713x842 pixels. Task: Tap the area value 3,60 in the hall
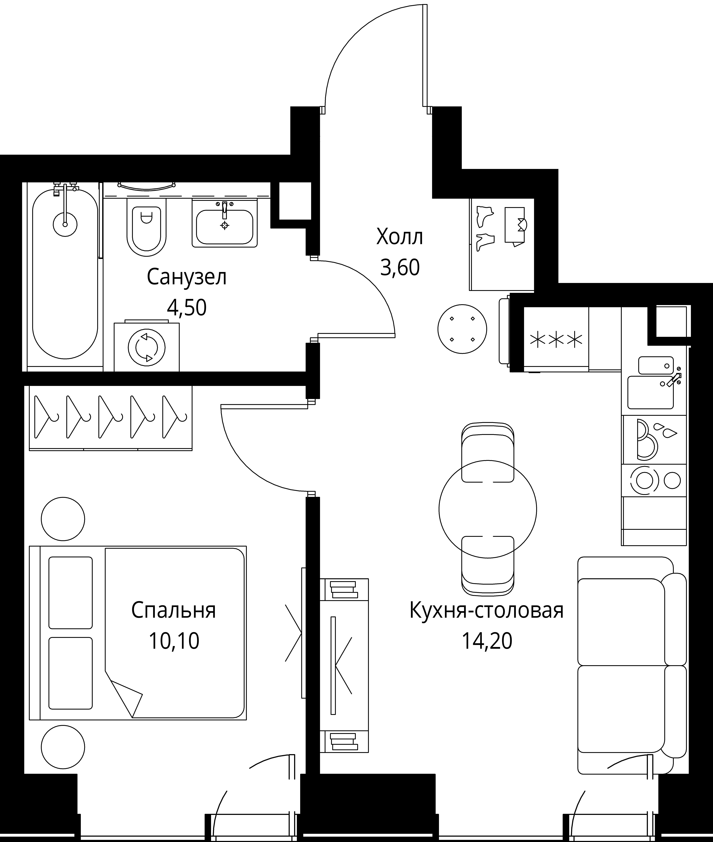tap(400, 267)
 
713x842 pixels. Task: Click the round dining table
tap(487, 510)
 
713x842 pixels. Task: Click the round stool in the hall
tap(462, 329)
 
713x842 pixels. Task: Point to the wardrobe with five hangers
tap(110, 418)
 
